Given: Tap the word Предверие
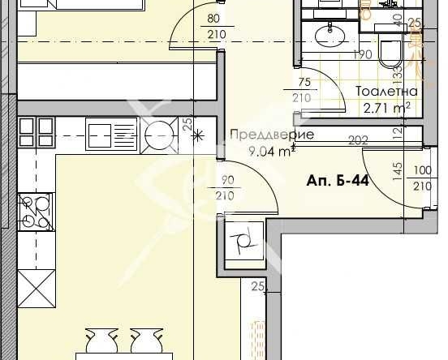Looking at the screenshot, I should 261,135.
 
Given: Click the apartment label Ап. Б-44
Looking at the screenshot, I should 338,180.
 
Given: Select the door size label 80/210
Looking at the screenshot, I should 214,27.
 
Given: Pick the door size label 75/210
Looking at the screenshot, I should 304,90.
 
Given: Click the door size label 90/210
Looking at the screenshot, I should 225,189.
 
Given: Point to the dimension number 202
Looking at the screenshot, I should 358,140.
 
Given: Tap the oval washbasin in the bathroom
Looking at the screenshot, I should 332,34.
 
